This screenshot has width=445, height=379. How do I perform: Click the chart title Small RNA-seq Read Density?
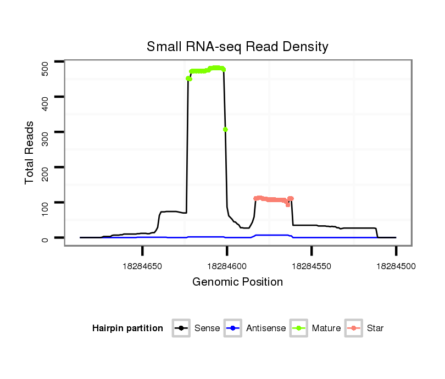[x=237, y=47]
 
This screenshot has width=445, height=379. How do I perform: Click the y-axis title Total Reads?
[x=30, y=153]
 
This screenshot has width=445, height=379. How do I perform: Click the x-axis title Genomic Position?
[x=237, y=282]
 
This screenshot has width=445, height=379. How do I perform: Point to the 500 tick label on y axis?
[x=44, y=68]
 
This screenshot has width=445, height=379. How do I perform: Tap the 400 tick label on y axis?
[x=44, y=102]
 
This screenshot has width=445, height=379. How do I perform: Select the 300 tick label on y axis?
[x=44, y=137]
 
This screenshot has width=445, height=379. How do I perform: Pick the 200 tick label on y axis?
[x=44, y=172]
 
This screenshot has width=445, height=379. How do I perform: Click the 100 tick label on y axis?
[x=44, y=208]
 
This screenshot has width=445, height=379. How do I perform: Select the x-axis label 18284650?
[x=142, y=266]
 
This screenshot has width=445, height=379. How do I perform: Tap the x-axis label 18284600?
[x=227, y=266]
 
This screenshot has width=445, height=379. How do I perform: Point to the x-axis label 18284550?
[x=311, y=266]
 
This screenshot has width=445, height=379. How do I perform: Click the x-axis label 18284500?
[x=396, y=266]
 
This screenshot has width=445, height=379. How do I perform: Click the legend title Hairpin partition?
[x=127, y=328]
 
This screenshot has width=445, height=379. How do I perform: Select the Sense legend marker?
[x=181, y=328]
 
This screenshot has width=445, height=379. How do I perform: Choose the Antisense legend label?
[x=266, y=328]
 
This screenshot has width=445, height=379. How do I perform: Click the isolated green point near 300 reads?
[x=225, y=130]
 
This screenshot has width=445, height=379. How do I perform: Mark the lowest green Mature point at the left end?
[x=188, y=79]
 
